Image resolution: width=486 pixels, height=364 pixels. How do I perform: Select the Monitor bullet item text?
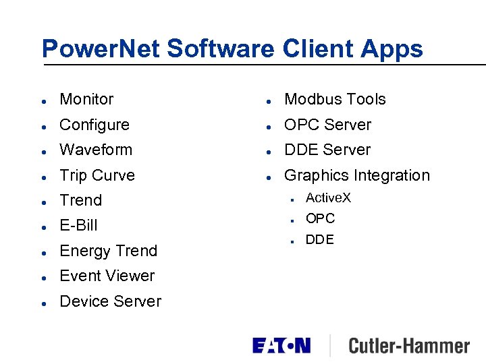tap(86, 99)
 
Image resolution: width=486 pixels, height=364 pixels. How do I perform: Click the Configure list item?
tap(94, 125)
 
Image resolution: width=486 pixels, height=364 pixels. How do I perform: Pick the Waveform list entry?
tap(96, 150)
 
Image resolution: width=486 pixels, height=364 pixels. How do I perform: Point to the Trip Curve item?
tap(97, 175)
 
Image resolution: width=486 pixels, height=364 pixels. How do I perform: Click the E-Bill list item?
tap(79, 225)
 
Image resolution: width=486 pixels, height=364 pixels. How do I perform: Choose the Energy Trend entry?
tap(108, 251)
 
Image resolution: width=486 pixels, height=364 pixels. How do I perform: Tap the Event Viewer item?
tap(107, 276)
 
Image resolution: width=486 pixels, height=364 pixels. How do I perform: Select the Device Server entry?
tap(111, 301)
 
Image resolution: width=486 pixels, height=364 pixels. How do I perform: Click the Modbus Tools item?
tap(335, 99)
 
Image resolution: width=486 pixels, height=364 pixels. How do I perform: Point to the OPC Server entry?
tap(327, 125)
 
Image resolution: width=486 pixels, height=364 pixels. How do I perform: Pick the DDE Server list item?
tap(327, 150)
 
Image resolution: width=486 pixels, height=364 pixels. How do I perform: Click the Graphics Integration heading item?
tap(356, 175)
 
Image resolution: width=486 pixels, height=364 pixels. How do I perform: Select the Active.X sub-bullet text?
tap(328, 198)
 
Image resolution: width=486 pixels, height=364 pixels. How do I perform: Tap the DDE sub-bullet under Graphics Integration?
tap(319, 240)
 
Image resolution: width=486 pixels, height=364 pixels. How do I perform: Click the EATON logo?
tap(281, 346)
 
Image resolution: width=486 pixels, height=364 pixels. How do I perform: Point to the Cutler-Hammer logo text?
tap(408, 346)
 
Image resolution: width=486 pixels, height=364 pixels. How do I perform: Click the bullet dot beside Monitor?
tap(43, 100)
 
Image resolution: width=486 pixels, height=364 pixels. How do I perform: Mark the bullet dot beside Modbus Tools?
tap(268, 100)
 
